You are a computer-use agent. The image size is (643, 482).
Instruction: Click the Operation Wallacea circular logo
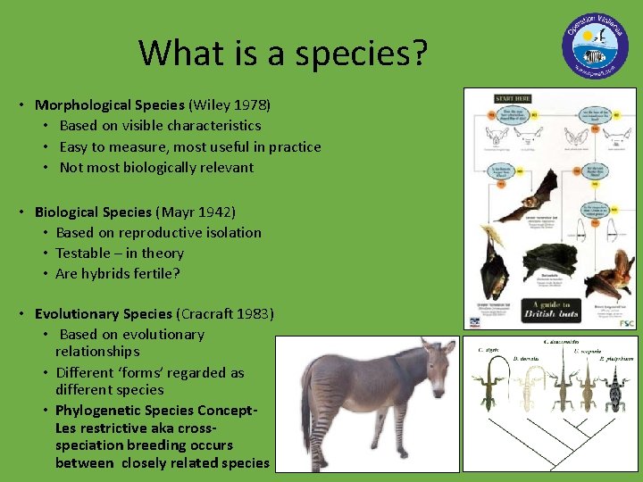tap(595, 46)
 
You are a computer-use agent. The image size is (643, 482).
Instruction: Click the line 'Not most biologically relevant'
tap(156, 167)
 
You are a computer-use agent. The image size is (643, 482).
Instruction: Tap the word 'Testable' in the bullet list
tap(84, 253)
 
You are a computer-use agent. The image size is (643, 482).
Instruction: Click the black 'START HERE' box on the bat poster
tap(514, 98)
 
